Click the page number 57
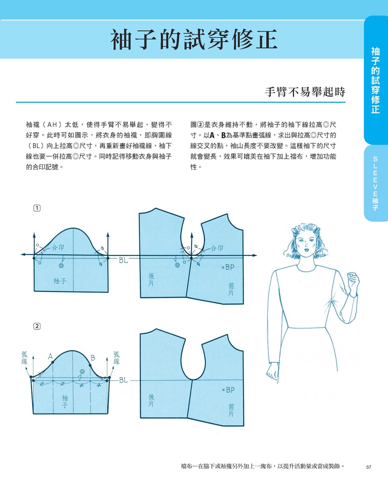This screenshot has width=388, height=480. [x=368, y=467]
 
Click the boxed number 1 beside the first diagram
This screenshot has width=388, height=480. [x=37, y=208]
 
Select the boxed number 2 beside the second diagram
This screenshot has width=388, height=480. [x=37, y=326]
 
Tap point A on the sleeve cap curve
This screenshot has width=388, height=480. [x=52, y=362]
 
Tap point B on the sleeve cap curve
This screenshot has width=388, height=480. [x=90, y=365]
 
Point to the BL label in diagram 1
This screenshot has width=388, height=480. [x=123, y=261]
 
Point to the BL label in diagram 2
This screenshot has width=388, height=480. [x=123, y=380]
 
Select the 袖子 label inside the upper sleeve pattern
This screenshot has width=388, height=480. [x=60, y=281]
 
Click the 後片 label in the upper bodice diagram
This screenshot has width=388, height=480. [x=151, y=280]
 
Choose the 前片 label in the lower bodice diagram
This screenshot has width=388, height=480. [x=231, y=410]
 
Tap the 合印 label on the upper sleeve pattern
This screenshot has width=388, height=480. [x=58, y=247]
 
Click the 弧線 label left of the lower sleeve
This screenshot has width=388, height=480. [x=24, y=358]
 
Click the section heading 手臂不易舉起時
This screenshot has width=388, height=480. [x=305, y=92]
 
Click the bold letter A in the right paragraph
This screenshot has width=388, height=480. [x=212, y=135]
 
